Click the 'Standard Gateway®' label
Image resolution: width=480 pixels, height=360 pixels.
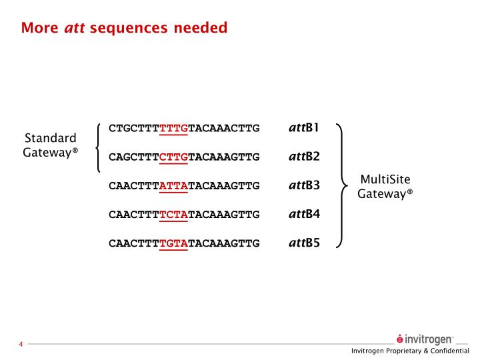click(x=51, y=145)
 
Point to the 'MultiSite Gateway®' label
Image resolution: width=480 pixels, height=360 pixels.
click(x=385, y=187)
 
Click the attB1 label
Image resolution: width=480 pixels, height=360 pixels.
click(x=304, y=127)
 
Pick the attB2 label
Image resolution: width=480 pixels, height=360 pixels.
click(x=304, y=157)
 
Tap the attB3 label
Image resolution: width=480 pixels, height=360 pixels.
click(x=304, y=185)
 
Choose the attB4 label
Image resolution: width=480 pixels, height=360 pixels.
click(x=304, y=214)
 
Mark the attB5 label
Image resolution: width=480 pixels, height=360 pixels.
click(x=304, y=243)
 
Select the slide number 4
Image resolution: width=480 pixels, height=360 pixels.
click(x=21, y=344)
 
